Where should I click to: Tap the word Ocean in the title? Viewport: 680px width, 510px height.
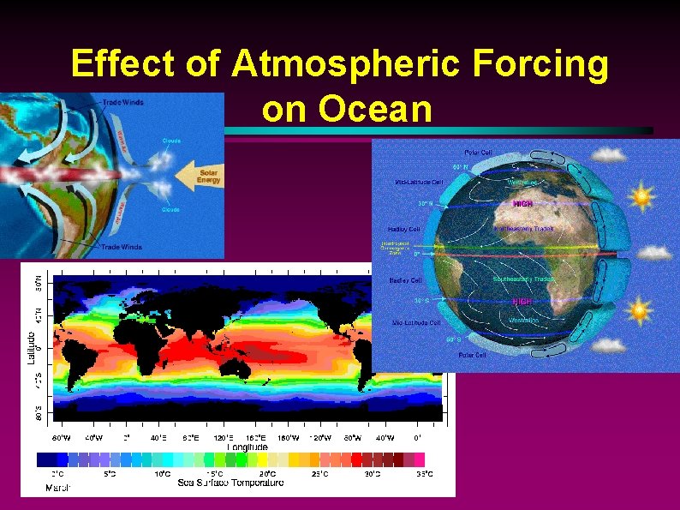coord(347,109)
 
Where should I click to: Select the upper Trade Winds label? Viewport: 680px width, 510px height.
coord(122,102)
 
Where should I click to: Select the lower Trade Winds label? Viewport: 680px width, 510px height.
coord(121,247)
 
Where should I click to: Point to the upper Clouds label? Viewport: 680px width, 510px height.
coord(171,141)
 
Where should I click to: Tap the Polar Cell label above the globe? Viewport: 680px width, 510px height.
coord(478,152)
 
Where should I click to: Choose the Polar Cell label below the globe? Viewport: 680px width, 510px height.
coord(473,354)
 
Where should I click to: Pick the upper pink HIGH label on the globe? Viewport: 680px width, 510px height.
coord(522,204)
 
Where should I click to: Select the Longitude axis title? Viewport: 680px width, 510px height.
coord(247,447)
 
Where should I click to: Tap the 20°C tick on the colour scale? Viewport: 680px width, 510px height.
coord(266,473)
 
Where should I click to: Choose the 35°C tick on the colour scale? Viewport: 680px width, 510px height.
coord(424,473)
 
